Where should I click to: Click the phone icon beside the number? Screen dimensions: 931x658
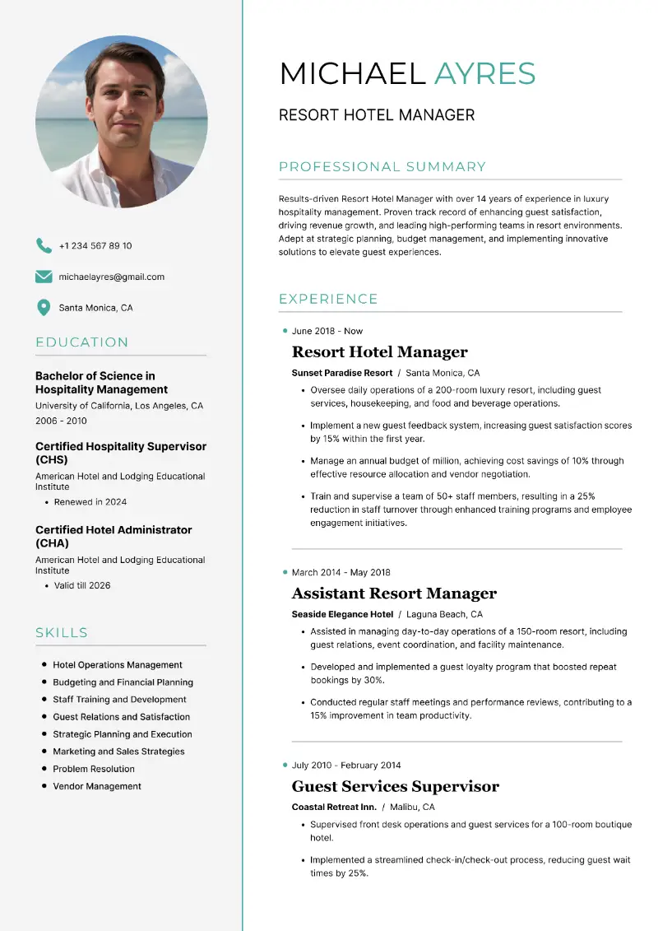[x=44, y=245]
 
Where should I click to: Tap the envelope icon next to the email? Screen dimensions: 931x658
[x=44, y=277]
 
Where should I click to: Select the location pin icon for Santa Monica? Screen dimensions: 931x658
[x=44, y=308]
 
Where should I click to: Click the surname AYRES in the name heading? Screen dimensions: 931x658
[x=484, y=74]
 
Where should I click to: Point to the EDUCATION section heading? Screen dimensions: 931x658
[x=81, y=342]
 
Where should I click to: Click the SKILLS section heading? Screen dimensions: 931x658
[x=62, y=633]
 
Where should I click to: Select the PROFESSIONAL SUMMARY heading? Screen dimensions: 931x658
[x=382, y=167]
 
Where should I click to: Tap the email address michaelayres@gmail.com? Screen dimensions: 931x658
[x=112, y=277]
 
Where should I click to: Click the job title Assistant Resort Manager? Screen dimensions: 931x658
[x=394, y=594]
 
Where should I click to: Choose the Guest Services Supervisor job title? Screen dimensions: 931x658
[x=395, y=786]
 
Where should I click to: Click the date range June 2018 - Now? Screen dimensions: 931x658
[x=327, y=331]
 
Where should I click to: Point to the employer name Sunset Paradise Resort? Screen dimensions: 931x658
[x=342, y=373]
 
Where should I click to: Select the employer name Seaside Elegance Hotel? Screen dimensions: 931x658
[x=342, y=614]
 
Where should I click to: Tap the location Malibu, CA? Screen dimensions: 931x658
[x=412, y=807]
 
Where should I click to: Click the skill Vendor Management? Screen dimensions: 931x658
[x=97, y=786]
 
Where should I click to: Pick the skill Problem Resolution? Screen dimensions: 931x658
[x=94, y=769]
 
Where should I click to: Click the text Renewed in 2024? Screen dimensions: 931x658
[x=90, y=502]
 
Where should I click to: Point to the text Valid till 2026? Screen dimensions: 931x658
[x=82, y=586]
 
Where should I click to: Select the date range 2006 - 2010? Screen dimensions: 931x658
[x=61, y=421]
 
